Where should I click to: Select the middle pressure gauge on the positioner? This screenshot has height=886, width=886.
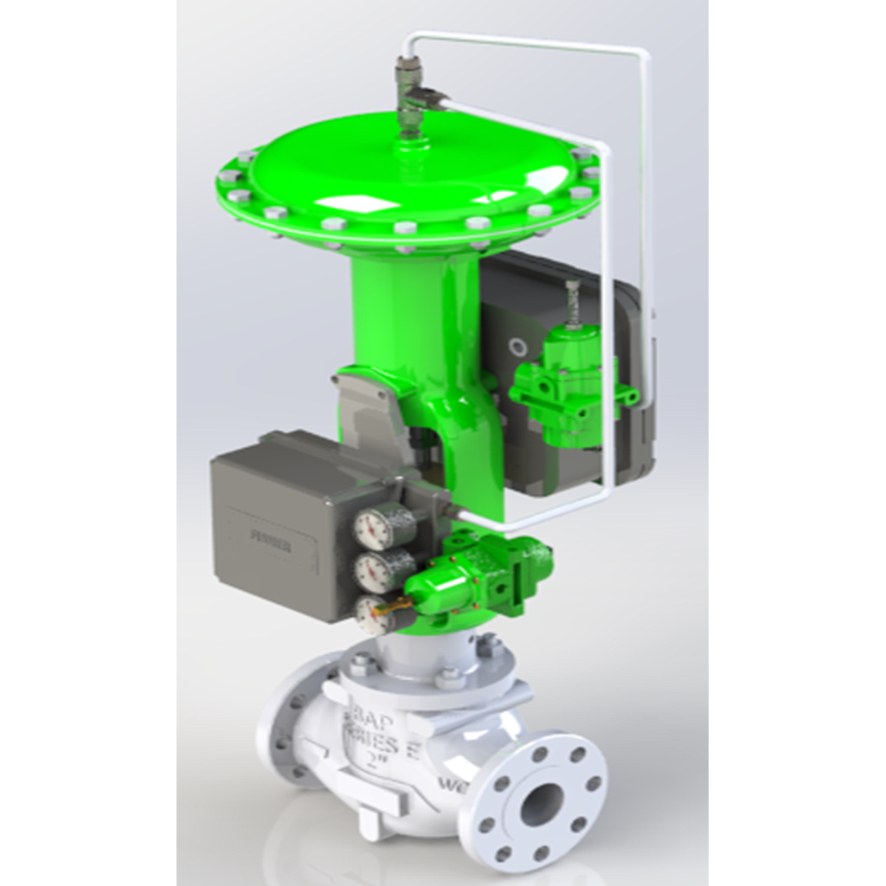(x=373, y=570)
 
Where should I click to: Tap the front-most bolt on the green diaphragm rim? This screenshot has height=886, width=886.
(x=404, y=229)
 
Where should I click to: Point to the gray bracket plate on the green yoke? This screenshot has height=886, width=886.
(x=368, y=407)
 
